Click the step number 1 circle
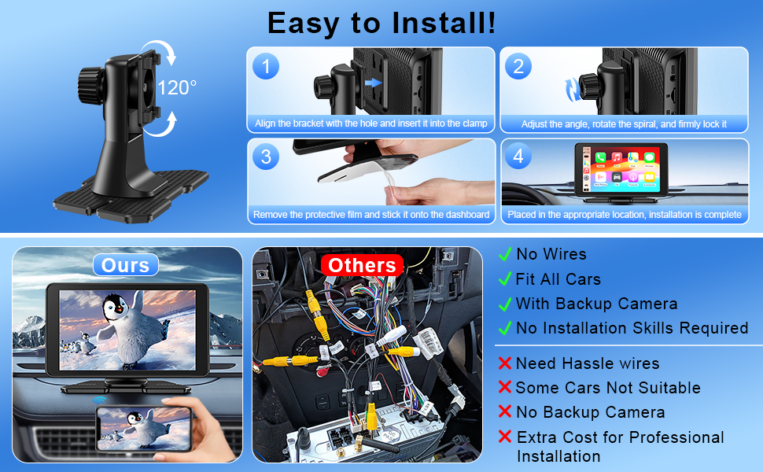click(x=266, y=67)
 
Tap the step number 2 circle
click(x=518, y=67)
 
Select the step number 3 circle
click(x=266, y=157)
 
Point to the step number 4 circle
click(x=518, y=156)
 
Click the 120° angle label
click(x=177, y=87)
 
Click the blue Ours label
click(x=126, y=265)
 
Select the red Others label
click(x=362, y=265)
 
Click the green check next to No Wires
click(x=505, y=254)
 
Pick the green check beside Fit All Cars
click(x=505, y=278)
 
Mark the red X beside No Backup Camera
click(x=505, y=412)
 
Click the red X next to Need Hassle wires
click(x=505, y=363)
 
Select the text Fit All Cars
click(x=558, y=279)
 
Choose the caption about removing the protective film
click(x=371, y=215)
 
